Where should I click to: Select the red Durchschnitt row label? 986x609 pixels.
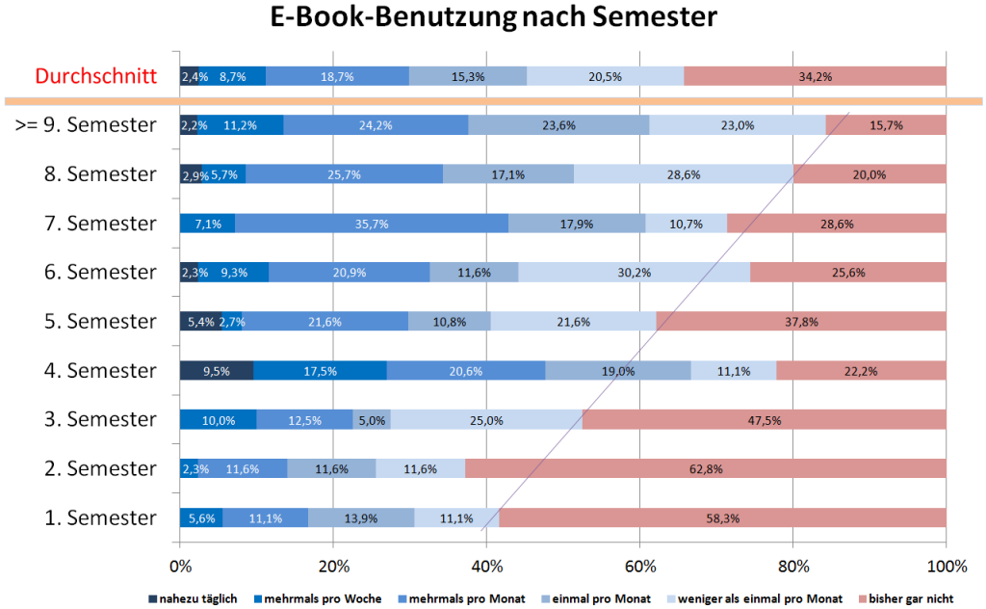point(95,75)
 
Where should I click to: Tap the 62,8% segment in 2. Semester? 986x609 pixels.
point(705,469)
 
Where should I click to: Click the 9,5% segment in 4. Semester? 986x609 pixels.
point(217,371)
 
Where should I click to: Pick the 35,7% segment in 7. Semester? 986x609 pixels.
point(371,224)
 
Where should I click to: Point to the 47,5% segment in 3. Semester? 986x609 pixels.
point(764,420)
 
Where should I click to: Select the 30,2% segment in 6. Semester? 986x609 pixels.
point(634,273)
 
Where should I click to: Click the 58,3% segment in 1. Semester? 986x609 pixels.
point(722,518)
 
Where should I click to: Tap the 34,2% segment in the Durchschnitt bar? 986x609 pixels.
point(815,76)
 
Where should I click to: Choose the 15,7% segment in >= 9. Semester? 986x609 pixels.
point(885,125)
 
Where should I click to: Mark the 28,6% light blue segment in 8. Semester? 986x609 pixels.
point(684,174)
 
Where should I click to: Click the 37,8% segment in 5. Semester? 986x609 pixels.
point(800,322)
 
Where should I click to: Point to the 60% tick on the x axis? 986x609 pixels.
point(639,565)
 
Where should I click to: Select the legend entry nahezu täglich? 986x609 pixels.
point(193,599)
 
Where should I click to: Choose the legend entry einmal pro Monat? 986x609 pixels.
point(604,599)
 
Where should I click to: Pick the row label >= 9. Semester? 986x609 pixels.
point(87,124)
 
